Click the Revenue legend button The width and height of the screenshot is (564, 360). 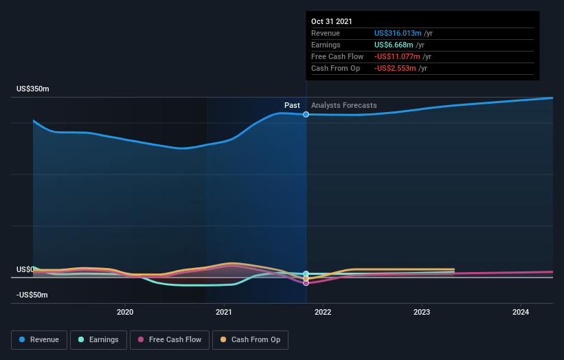[39, 339]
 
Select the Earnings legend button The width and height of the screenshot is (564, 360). [98, 339]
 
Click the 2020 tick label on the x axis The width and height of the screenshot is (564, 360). [125, 312]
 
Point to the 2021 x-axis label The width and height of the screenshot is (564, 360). [224, 312]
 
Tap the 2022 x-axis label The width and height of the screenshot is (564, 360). [323, 312]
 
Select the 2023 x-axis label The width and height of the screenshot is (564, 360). [422, 312]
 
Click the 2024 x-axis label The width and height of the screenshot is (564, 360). [521, 312]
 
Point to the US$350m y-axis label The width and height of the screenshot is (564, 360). [33, 89]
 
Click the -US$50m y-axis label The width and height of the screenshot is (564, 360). [32, 295]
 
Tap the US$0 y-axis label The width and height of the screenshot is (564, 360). [24, 269]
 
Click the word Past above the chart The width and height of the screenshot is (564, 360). [292, 105]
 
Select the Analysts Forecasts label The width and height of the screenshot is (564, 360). [343, 105]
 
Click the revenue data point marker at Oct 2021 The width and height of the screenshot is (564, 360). [306, 114]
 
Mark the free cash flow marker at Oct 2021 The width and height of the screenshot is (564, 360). [306, 282]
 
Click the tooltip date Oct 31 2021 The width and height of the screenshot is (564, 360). [332, 21]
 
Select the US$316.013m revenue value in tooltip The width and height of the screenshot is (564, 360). [398, 33]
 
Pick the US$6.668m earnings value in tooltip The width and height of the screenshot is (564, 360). [394, 45]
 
